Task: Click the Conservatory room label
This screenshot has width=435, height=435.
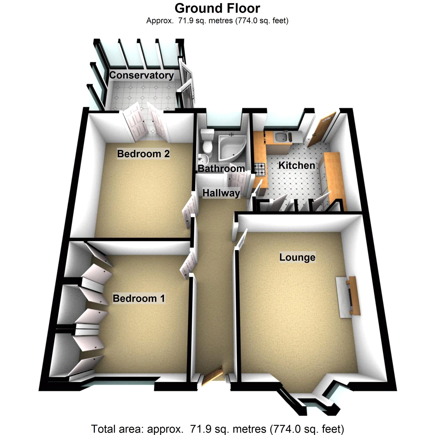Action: pos(142,75)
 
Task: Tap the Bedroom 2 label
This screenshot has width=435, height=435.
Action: pos(143,154)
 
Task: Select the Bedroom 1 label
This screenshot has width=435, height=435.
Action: pos(139,298)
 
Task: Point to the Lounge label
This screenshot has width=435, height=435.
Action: pos(297,257)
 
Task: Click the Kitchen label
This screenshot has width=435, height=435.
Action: pos(297,165)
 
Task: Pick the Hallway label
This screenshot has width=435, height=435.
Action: pos(221,193)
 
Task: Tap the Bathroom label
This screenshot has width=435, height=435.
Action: pos(221,168)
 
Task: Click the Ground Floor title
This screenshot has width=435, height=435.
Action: pos(217,8)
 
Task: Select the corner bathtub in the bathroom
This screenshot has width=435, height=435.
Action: pos(231,146)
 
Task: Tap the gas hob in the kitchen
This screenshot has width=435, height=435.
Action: pos(260,170)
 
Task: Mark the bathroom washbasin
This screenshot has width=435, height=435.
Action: pos(203,159)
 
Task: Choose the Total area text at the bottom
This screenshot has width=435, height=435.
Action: pos(217,429)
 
